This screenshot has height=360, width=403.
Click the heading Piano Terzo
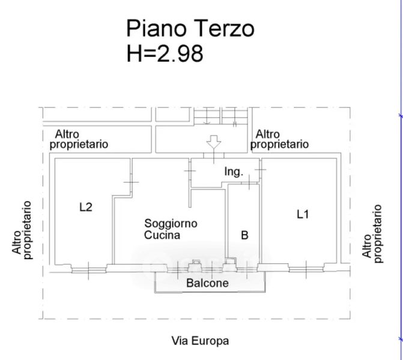tap(190, 29)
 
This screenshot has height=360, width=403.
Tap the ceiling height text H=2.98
tap(165, 53)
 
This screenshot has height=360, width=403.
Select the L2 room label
tap(86, 207)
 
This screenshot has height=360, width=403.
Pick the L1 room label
tap(303, 214)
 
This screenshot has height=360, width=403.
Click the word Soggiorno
tap(171, 224)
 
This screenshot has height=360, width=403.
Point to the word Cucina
tap(162, 235)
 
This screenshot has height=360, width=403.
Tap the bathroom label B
tap(244, 235)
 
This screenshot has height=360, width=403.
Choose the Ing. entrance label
tap(234, 172)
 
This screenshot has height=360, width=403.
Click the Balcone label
tap(207, 283)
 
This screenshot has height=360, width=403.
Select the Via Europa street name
tap(200, 341)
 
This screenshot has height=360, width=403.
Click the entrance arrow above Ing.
tap(214, 142)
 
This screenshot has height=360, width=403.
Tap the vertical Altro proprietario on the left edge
tap(22, 230)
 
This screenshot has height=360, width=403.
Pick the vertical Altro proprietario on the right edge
tap(372, 233)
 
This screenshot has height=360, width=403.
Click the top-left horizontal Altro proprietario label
tap(79, 139)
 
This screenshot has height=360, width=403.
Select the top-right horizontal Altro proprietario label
tap(279, 139)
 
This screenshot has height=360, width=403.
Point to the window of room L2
tap(89, 271)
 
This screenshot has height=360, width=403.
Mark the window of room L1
tap(306, 269)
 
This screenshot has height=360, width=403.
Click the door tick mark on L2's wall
tap(131, 182)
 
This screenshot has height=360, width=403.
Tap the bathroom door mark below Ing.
tap(249, 182)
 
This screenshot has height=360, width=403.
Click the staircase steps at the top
tap(221, 116)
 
